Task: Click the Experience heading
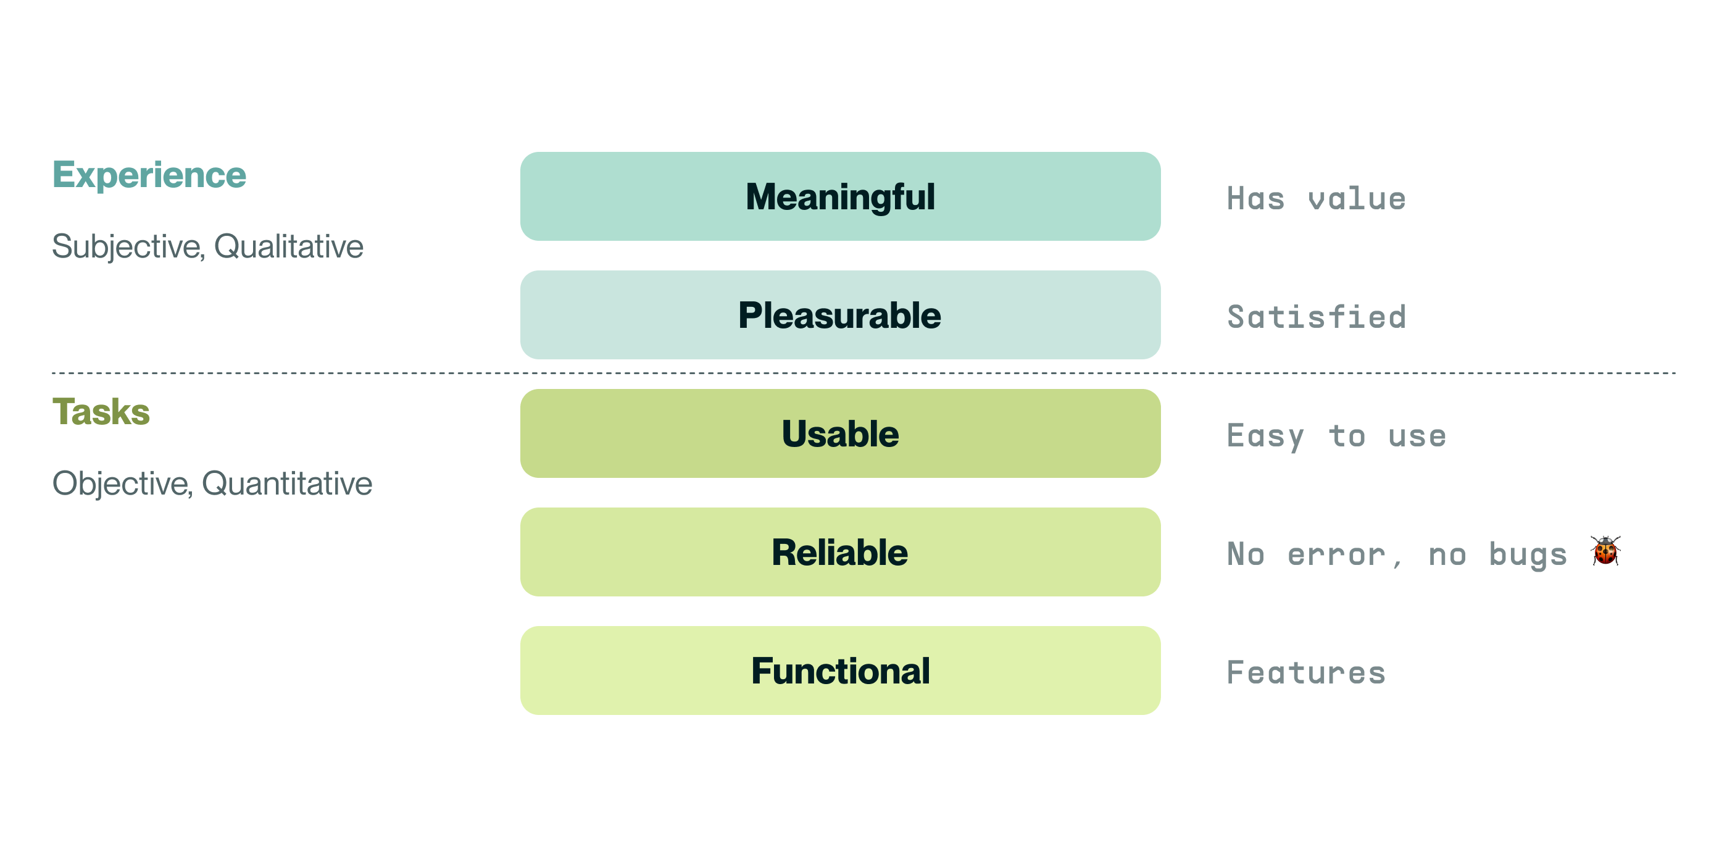pyautogui.click(x=149, y=176)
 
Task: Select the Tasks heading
pyautogui.click(x=101, y=412)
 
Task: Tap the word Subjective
pyautogui.click(x=128, y=246)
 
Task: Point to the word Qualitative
pyautogui.click(x=288, y=246)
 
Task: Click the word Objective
pyautogui.click(x=123, y=483)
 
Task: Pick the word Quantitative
pyautogui.click(x=287, y=483)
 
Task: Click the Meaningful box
pyautogui.click(x=840, y=196)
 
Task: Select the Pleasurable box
pyautogui.click(x=840, y=315)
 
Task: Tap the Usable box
pyautogui.click(x=840, y=433)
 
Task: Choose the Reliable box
pyautogui.click(x=840, y=552)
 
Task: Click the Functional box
pyautogui.click(x=840, y=671)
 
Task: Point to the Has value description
pyautogui.click(x=1316, y=199)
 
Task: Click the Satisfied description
pyautogui.click(x=1316, y=317)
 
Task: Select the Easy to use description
pyautogui.click(x=1336, y=437)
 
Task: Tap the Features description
pyautogui.click(x=1306, y=672)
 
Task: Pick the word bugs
pyautogui.click(x=1528, y=556)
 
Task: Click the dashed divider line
pyautogui.click(x=863, y=372)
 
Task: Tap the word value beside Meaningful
pyautogui.click(x=1357, y=199)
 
